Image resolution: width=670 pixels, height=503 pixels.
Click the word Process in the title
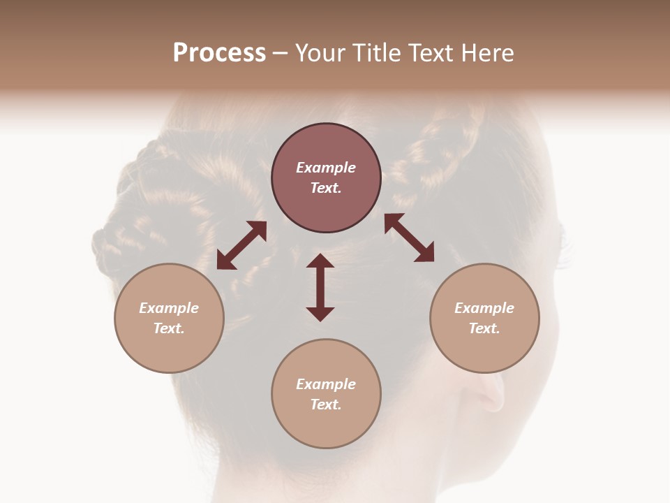click(x=219, y=53)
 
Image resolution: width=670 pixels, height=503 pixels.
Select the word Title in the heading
click(x=378, y=53)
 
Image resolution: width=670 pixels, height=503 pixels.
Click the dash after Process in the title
click(x=281, y=54)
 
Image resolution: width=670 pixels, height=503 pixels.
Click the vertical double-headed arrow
click(x=320, y=288)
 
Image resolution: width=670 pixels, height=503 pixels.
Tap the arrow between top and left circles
click(x=241, y=245)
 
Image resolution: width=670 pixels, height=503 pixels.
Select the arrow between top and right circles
click(x=409, y=238)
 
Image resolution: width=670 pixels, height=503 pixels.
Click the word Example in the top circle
click(x=326, y=168)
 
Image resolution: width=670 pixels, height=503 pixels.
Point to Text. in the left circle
click(x=169, y=328)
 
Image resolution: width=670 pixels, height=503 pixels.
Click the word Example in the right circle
click(x=484, y=308)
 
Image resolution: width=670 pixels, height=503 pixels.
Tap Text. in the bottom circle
click(x=326, y=404)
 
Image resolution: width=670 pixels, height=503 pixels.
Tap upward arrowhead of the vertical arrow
click(x=320, y=261)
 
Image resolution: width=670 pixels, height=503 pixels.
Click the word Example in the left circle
click(x=169, y=308)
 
